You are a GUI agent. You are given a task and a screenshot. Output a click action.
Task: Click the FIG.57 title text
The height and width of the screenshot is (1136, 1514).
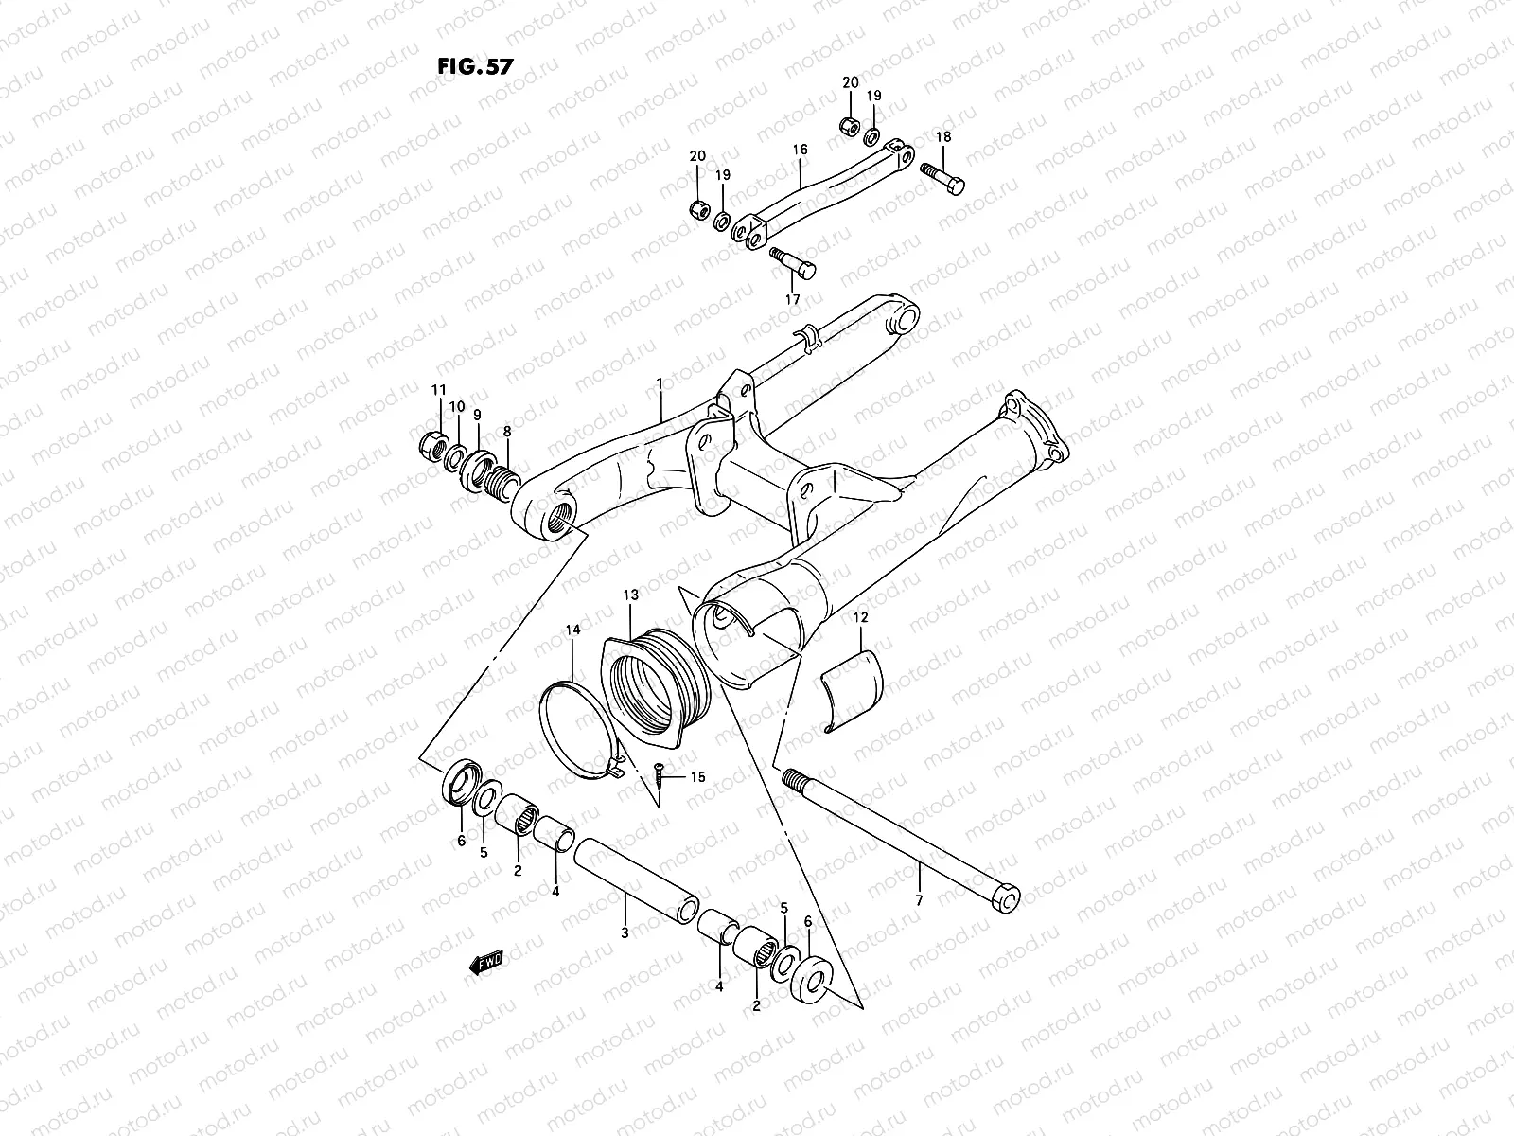475,67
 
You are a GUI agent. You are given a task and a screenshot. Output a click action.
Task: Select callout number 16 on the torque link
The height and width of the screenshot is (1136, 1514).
800,151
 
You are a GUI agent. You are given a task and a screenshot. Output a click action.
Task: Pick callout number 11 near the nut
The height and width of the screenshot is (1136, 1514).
438,390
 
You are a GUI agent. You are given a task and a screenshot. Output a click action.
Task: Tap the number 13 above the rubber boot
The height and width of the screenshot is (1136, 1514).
631,595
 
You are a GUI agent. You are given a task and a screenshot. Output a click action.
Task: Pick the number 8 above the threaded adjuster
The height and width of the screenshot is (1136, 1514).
507,432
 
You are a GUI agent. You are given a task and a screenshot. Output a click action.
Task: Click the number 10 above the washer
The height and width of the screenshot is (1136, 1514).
456,407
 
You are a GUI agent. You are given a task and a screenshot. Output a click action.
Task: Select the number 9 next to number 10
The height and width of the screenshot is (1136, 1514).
477,415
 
